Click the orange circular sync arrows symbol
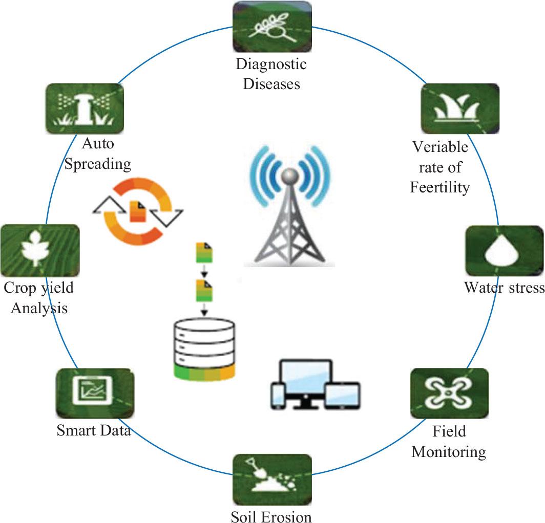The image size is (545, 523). pos(134,210)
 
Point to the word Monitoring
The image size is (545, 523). pos(449,452)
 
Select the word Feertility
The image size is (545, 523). pos(439,188)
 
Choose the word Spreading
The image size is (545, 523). pos(100,164)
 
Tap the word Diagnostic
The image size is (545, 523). pos(271,65)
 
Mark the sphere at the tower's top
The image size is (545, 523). pos(290,176)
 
